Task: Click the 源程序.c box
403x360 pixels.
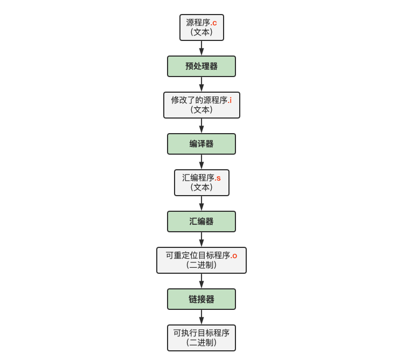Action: click(202, 27)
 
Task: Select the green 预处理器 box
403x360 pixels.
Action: click(202, 66)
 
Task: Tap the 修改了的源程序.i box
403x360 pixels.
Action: click(202, 105)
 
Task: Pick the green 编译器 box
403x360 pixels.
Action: click(202, 144)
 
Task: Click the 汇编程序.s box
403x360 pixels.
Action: click(202, 183)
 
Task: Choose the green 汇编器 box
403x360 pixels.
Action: click(202, 221)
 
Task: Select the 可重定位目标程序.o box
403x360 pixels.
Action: click(202, 260)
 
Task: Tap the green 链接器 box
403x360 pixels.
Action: click(202, 299)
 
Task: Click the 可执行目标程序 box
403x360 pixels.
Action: click(202, 338)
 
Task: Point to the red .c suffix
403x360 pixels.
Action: click(214, 23)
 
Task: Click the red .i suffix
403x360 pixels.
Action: click(230, 100)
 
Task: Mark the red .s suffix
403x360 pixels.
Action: click(218, 178)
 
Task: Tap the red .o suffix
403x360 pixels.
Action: click(234, 255)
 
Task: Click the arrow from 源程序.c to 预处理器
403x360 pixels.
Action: click(202, 49)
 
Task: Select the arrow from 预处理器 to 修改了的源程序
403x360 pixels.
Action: click(202, 85)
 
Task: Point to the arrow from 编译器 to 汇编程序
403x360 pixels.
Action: click(202, 162)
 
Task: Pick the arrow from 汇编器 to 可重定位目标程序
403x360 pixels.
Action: click(202, 240)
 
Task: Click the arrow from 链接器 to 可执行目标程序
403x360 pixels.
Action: click(202, 317)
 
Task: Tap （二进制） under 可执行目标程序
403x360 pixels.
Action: click(202, 343)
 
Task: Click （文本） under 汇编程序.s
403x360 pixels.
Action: click(202, 188)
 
